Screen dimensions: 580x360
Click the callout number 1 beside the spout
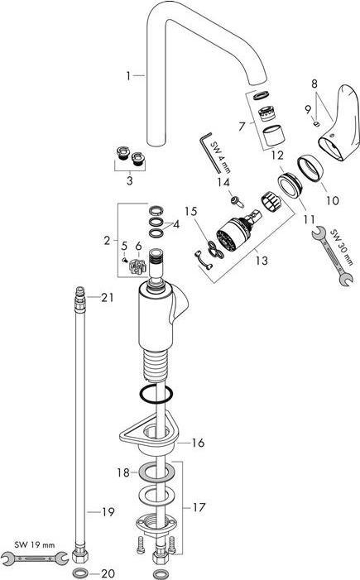click(x=129, y=75)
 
